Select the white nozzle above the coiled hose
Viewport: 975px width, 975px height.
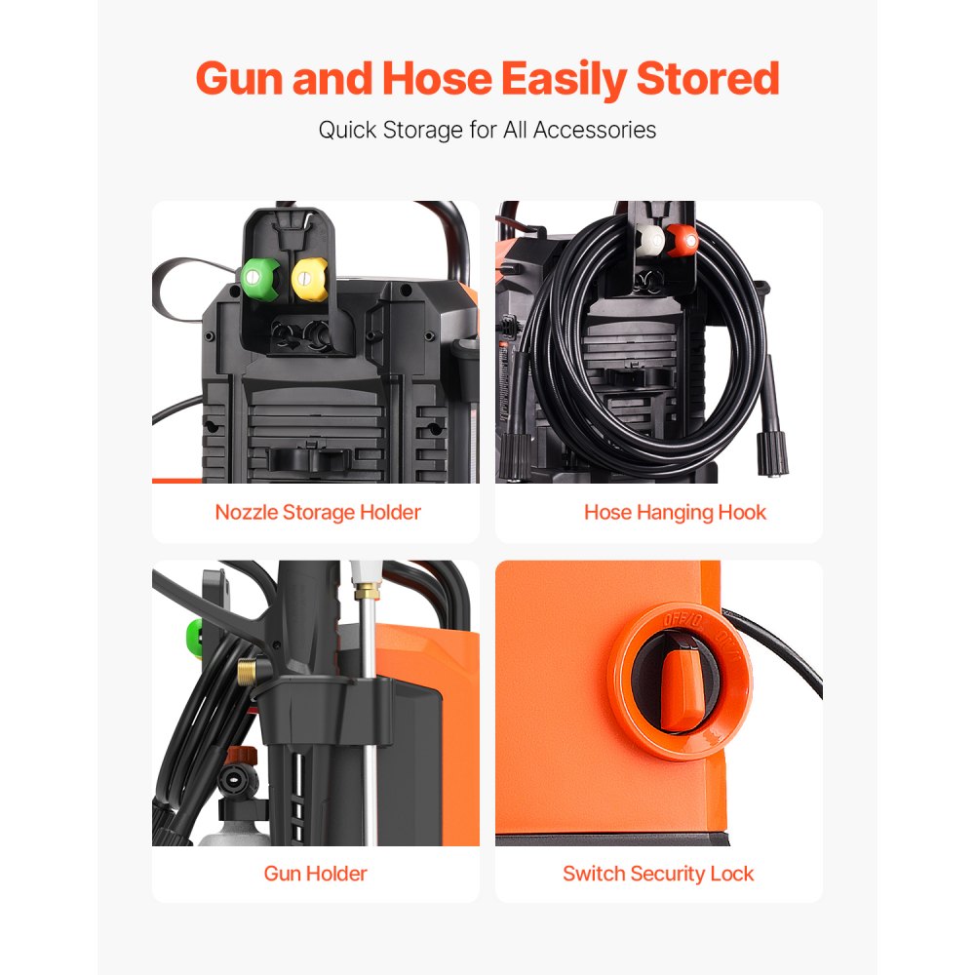pos(650,241)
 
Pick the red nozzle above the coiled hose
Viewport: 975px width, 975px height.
pos(682,241)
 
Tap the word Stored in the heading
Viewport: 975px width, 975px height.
pos(710,78)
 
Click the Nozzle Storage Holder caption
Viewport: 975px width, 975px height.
pos(318,512)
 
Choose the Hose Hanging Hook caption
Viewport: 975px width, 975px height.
pos(675,512)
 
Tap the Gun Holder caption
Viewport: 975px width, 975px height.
pos(315,873)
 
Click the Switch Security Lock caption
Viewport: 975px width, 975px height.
pos(658,873)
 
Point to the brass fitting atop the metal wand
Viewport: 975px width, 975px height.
pos(367,589)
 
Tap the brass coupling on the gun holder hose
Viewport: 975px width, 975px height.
pos(248,672)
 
